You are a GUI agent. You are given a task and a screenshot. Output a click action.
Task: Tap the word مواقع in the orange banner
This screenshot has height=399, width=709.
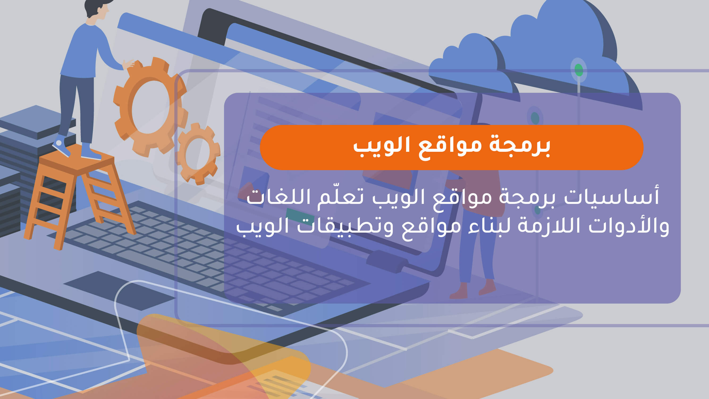pos(450,147)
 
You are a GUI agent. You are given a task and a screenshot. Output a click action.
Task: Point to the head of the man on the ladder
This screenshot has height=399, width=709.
pos(96,8)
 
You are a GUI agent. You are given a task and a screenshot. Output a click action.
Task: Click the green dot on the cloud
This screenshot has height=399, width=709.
pos(579,70)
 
